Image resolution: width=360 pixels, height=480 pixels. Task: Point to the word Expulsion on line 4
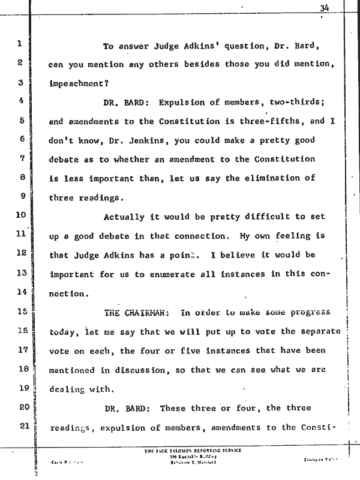pyautogui.click(x=181, y=103)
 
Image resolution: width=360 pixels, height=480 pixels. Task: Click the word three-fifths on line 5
pyautogui.click(x=273, y=121)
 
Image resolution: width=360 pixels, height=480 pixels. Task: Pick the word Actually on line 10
pyautogui.click(x=125, y=217)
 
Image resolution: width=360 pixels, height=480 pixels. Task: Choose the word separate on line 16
pyautogui.click(x=319, y=331)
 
